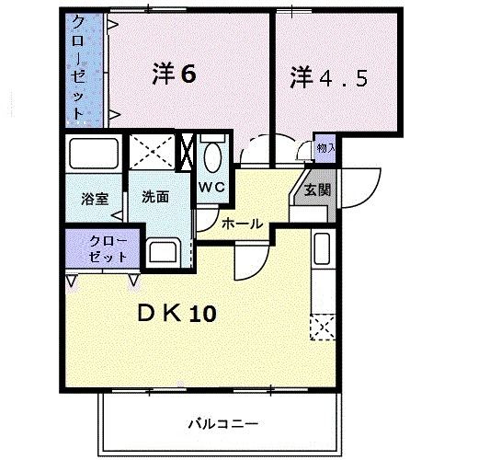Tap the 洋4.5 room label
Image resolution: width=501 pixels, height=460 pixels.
(x=330, y=77)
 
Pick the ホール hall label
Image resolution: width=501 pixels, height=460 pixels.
(x=242, y=224)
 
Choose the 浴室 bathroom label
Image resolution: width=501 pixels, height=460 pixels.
(x=94, y=197)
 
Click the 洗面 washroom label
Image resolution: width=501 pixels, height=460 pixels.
(x=154, y=196)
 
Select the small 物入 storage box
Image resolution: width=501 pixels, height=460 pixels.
(x=325, y=147)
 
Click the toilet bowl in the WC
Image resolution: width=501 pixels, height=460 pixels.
(x=213, y=155)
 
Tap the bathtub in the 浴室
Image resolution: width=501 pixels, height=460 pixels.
(x=95, y=153)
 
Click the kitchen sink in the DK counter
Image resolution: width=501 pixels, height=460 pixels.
(x=321, y=249)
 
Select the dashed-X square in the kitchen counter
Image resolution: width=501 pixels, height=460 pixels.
(x=322, y=327)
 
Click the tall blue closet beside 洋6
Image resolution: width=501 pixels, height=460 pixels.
(x=84, y=70)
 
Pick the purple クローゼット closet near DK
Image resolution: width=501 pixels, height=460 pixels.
(x=101, y=248)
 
